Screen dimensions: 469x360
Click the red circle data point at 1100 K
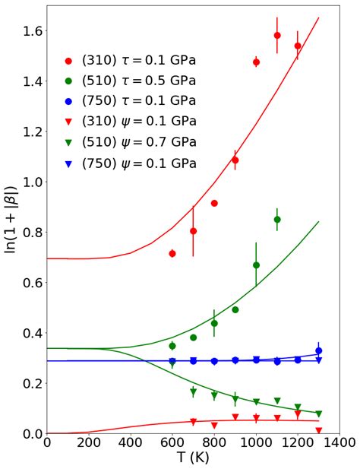tap(277, 36)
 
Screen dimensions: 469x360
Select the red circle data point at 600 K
tap(172, 253)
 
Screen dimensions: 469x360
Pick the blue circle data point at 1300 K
tap(319, 350)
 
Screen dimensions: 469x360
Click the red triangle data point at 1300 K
tap(319, 430)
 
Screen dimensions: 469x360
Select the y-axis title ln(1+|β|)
tap(11, 220)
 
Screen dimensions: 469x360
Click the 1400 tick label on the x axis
tap(339, 443)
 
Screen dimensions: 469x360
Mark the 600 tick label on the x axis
tap(172, 443)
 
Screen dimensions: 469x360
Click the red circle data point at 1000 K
tap(256, 62)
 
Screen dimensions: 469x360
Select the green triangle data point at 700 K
tap(194, 392)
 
